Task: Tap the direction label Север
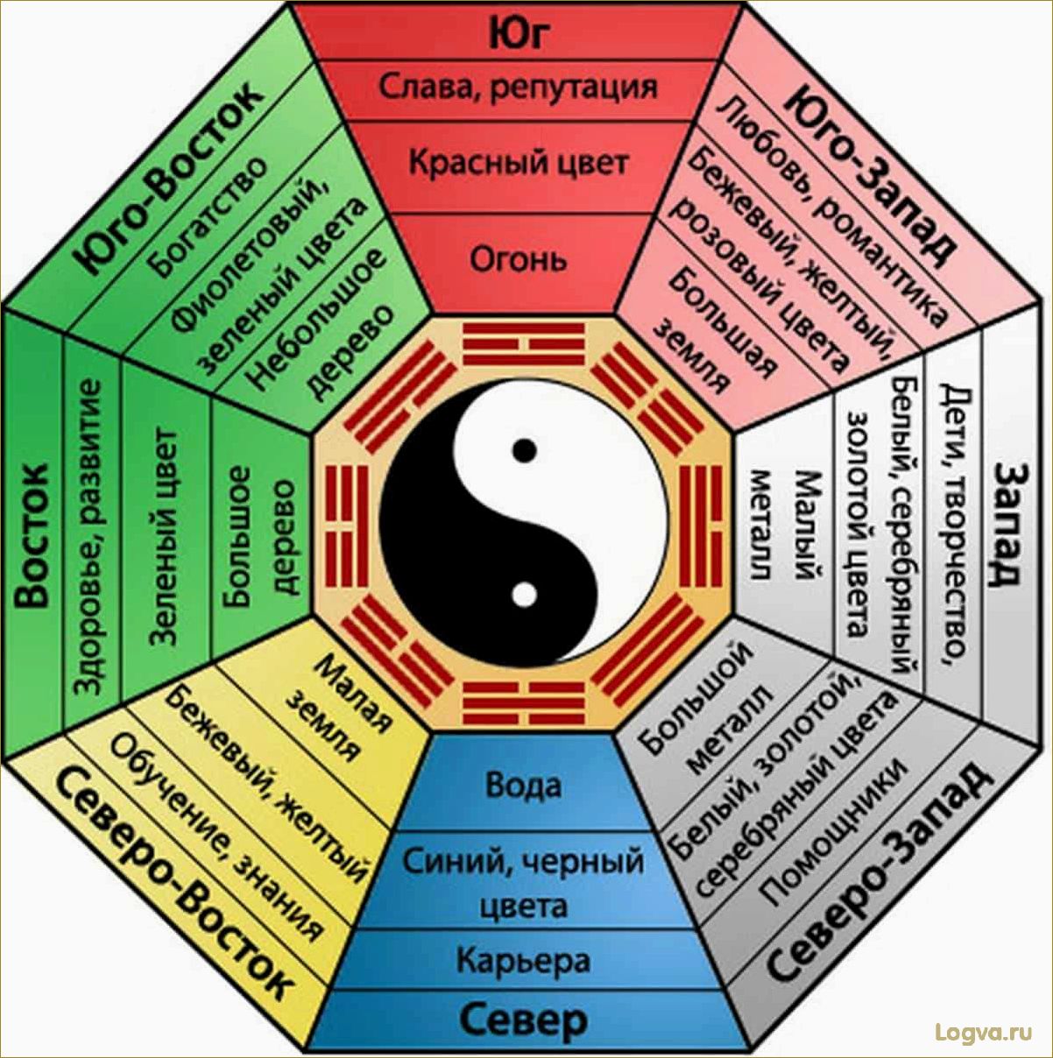pyautogui.click(x=523, y=1020)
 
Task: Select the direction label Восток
pyautogui.click(x=32, y=536)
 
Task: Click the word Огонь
pyautogui.click(x=518, y=259)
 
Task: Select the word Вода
pyautogui.click(x=523, y=785)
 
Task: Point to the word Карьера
pyautogui.click(x=523, y=961)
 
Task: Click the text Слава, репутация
pyautogui.click(x=518, y=87)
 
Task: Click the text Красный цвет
pyautogui.click(x=518, y=164)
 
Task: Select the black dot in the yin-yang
pyautogui.click(x=524, y=451)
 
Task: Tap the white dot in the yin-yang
pyautogui.click(x=523, y=596)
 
